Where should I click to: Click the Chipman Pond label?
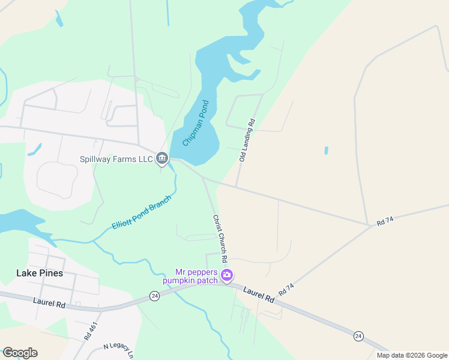coord(195,123)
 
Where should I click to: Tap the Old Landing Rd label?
coord(247,140)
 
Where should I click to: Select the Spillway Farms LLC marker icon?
coord(161,158)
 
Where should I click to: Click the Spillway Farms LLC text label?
coord(116,159)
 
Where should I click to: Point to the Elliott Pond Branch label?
coord(142,212)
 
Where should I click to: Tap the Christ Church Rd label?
coord(219,239)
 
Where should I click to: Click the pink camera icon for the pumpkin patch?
coord(227,275)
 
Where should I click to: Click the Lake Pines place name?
coord(39,273)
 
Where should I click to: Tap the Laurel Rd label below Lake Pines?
coord(49,304)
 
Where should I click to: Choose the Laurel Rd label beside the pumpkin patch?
coord(259,294)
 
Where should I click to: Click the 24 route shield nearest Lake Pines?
coord(154,296)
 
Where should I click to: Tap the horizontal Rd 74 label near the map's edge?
coord(385,221)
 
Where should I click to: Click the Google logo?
coord(20,353)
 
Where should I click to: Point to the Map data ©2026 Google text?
coord(412,355)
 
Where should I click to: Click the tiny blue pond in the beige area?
coord(327,151)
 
